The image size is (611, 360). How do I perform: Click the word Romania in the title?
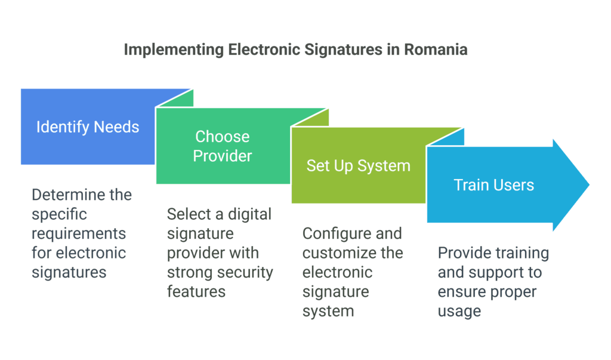pos(436,50)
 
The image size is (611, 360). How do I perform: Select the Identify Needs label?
pos(88,127)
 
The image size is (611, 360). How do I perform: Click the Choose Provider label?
pos(223,146)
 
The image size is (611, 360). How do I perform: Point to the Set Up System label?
pos(358,165)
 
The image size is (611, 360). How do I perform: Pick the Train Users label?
pos(493,184)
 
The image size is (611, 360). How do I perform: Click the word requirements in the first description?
pos(79,233)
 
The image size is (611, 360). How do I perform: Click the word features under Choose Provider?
pos(196,291)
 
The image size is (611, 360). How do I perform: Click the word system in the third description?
pos(328,311)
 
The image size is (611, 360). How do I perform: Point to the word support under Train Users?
pos(493,272)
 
